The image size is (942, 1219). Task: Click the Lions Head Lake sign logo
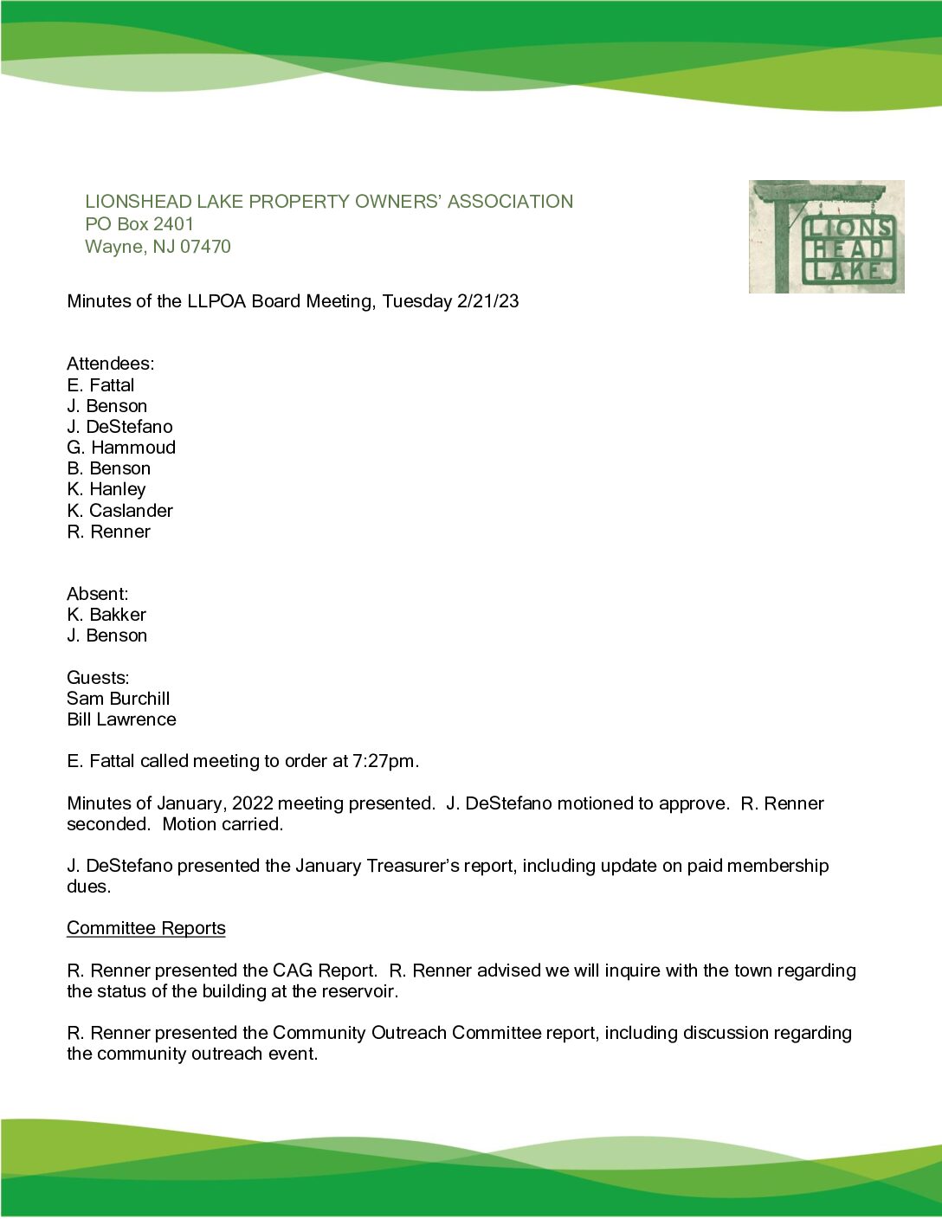pyautogui.click(x=826, y=236)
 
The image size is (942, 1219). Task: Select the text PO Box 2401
pyautogui.click(x=139, y=223)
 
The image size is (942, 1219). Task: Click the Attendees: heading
pyautogui.click(x=110, y=364)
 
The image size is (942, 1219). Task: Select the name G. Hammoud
pyautogui.click(x=121, y=448)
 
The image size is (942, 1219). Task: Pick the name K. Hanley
pyautogui.click(x=106, y=489)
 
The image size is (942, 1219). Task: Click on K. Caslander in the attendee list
pyautogui.click(x=119, y=511)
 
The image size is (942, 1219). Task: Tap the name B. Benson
pyautogui.click(x=108, y=468)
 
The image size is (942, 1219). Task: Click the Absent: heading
pyautogui.click(x=97, y=594)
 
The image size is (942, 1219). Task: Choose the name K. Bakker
pyautogui.click(x=106, y=615)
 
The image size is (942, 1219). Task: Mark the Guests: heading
pyautogui.click(x=98, y=678)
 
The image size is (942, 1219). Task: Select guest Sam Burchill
pyautogui.click(x=118, y=699)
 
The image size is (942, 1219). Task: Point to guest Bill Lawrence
pyautogui.click(x=121, y=719)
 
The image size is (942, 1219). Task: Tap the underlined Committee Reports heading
pyautogui.click(x=145, y=928)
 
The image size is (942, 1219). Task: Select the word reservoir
pyautogui.click(x=358, y=991)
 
